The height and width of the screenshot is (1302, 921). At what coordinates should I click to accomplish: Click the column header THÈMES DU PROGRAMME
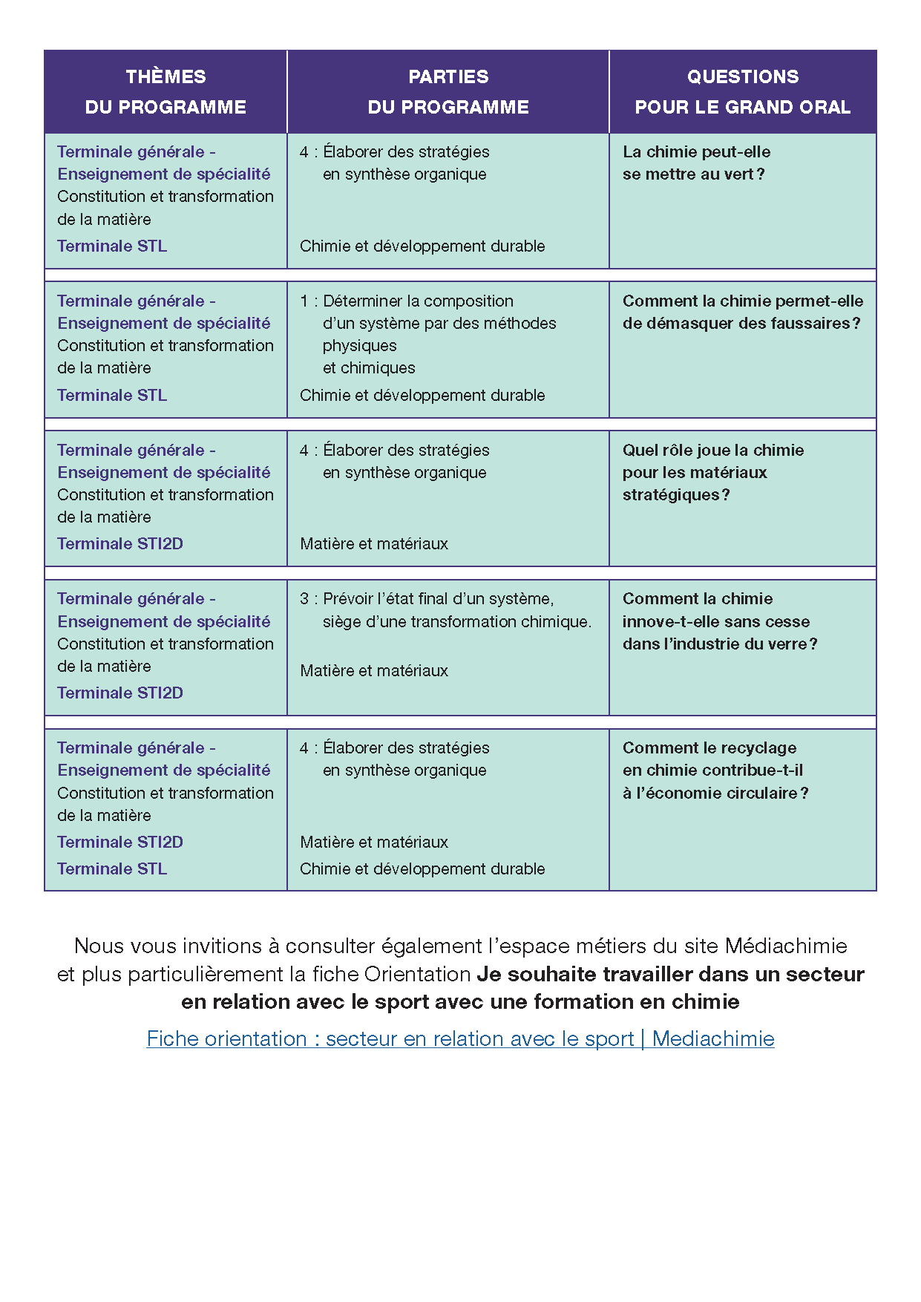tap(165, 91)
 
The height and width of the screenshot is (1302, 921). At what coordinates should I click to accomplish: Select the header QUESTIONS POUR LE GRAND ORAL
tap(742, 91)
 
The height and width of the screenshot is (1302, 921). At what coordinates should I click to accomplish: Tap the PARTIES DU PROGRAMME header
tap(448, 91)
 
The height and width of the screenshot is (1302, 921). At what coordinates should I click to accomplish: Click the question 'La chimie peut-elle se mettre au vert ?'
tap(695, 163)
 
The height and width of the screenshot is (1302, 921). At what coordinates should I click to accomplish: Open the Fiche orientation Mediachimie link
tap(460, 1038)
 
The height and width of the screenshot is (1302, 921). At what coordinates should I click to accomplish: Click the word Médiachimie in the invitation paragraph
tap(785, 946)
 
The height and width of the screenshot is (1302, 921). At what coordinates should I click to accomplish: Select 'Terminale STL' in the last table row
tap(112, 868)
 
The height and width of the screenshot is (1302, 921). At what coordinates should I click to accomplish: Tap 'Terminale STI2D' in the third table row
tap(120, 543)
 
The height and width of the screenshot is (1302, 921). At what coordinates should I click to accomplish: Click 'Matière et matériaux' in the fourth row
tap(374, 670)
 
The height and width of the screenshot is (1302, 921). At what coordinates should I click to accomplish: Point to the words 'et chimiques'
tap(368, 367)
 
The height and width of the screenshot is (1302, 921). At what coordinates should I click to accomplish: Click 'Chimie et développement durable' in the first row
tap(422, 246)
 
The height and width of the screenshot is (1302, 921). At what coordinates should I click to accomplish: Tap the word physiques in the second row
tap(359, 345)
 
